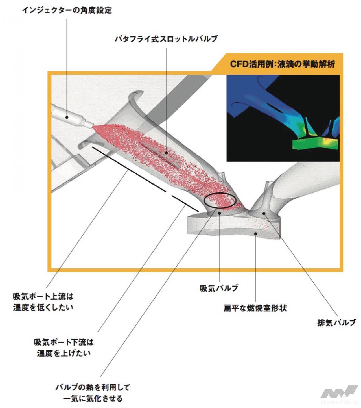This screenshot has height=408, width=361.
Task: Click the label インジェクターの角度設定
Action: pyautogui.click(x=67, y=10)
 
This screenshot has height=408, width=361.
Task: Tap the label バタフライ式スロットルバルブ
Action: pyautogui.click(x=166, y=39)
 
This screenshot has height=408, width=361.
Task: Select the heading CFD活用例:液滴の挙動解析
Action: pyautogui.click(x=282, y=64)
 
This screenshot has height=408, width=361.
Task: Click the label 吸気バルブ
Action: pyautogui.click(x=219, y=288)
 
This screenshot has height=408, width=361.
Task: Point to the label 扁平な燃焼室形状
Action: pyautogui.click(x=255, y=308)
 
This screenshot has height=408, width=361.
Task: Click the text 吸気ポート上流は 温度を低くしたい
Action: pyautogui.click(x=43, y=302)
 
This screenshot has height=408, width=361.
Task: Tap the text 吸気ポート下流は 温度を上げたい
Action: pyautogui.click(x=64, y=348)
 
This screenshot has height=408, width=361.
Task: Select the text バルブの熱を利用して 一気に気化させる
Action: pyautogui.click(x=93, y=393)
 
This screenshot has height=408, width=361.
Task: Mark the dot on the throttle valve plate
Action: pyautogui.click(x=167, y=153)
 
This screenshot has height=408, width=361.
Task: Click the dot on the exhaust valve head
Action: pyautogui.click(x=264, y=213)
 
